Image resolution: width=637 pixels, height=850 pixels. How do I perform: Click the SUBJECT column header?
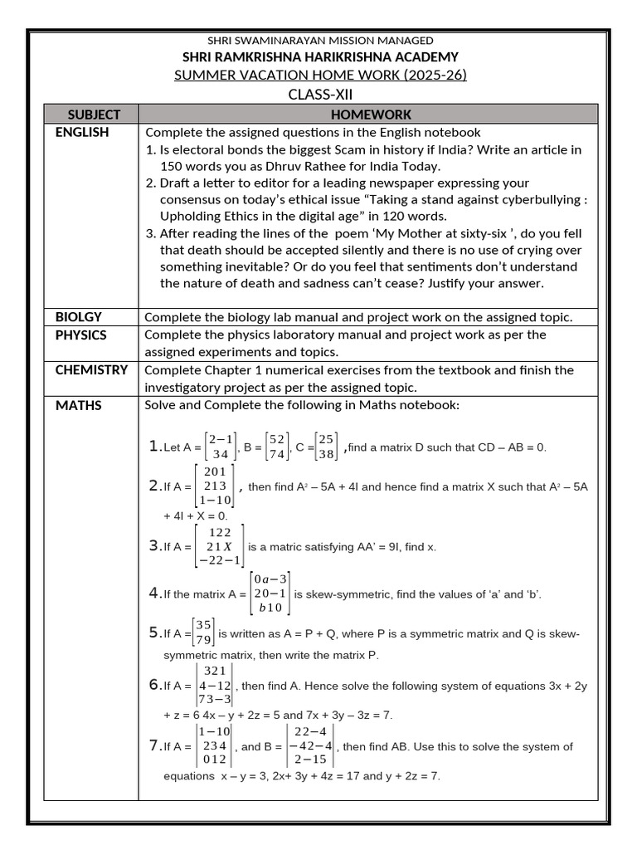pos(94,115)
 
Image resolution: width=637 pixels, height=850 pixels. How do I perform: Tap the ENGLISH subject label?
pos(82,132)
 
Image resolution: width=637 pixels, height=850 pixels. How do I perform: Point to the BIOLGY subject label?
pos(79,316)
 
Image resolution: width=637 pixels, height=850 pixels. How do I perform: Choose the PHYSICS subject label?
pos(81,335)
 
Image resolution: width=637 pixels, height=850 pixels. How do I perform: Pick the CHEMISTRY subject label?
pos(91,369)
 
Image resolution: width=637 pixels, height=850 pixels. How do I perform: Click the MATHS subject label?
pos(79,405)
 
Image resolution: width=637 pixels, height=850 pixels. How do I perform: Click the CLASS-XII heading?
pos(320,94)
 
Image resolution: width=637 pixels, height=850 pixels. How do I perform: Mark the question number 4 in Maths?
pos(154,593)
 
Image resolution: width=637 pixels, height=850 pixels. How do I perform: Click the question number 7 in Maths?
pos(154,745)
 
